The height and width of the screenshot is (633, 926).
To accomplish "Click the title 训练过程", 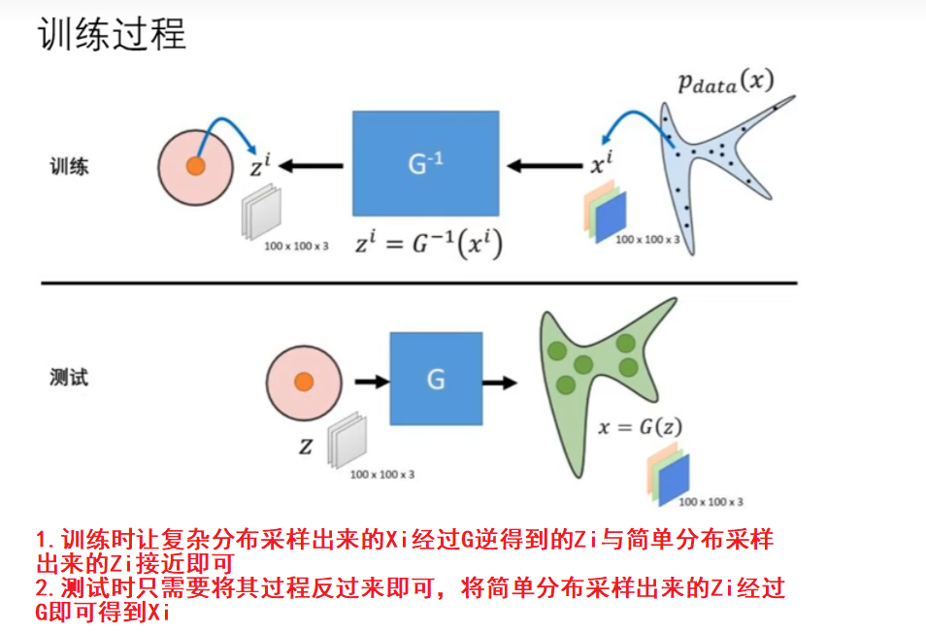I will (111, 36).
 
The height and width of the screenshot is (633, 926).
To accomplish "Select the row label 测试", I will (69, 378).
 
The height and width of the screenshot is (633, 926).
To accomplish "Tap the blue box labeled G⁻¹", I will (425, 164).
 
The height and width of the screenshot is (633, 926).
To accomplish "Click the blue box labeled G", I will (436, 380).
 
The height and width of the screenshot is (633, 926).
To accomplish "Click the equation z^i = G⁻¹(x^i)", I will (428, 245).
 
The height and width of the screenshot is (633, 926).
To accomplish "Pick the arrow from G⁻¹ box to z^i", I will (313, 166).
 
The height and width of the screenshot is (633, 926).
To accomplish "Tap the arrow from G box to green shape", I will (500, 382).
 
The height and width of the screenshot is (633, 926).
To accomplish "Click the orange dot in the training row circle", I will (195, 166).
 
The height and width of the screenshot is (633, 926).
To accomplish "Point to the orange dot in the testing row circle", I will (303, 381).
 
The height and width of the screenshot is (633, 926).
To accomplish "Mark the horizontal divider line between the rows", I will (418, 283).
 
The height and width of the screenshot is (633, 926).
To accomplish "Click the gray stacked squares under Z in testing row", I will (344, 443).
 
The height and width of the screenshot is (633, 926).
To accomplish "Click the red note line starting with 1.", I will (404, 550).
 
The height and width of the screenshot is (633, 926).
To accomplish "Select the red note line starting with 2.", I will (410, 599).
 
